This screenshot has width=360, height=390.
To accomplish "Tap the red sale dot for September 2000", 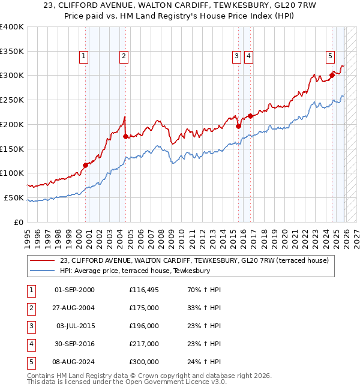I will (85, 165).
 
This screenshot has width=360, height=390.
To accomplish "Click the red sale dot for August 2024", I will (332, 75).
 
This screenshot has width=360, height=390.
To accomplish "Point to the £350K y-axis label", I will (12, 52).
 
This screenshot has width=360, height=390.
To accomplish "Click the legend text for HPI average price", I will (135, 271).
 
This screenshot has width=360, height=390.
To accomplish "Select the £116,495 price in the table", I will (144, 290).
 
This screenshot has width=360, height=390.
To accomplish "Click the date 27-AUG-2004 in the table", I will (74, 308).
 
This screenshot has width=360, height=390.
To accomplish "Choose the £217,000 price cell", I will (144, 344).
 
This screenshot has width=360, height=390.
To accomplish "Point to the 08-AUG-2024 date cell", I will (74, 362).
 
